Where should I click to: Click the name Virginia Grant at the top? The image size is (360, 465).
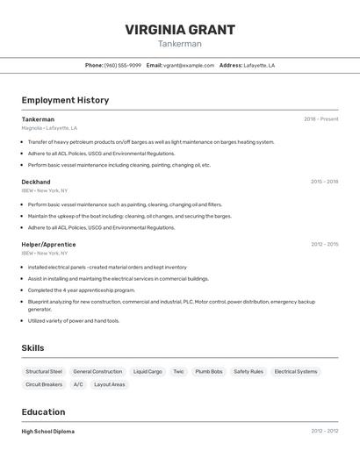pos(180,29)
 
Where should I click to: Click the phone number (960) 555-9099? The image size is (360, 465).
pos(123,65)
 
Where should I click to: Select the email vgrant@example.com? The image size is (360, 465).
pos(189,65)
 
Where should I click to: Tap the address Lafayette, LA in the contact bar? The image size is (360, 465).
pos(259,65)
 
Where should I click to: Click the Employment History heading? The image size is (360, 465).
pos(65,100)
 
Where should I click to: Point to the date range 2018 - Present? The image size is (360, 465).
pos(320,119)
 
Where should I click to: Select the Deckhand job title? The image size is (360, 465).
pos(36,182)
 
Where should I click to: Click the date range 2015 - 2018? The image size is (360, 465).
pos(324,182)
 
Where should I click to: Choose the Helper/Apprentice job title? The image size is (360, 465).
pos(48,244)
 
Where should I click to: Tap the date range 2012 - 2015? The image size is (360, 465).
pos(324,244)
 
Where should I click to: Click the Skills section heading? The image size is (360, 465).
pos(32,348)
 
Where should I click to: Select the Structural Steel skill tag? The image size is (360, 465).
pos(44,371)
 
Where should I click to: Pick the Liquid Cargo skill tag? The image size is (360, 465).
pos(148,371)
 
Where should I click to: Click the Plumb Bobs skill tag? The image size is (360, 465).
pos(209,371)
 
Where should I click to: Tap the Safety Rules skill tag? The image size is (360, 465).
pos(248,371)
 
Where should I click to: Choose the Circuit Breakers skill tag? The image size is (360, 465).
pos(44,384)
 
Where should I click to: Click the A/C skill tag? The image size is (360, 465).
pos(78,384)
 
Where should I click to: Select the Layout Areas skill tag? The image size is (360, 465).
pos(110,384)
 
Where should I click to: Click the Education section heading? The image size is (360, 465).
pos(43,411)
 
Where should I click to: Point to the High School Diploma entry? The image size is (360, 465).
pos(48,431)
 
